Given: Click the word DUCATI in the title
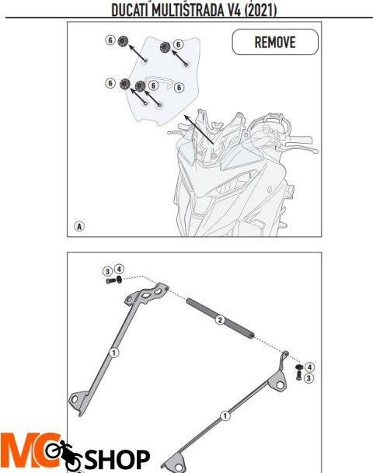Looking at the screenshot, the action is [x=130, y=11].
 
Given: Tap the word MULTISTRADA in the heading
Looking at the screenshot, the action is [x=187, y=11].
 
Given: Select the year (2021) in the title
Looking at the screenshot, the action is [x=260, y=11].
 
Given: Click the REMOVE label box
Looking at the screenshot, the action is [x=275, y=42].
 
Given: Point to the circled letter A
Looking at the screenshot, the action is [x=79, y=226].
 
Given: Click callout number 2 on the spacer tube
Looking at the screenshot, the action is [x=220, y=320].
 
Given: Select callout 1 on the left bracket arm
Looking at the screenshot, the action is [x=113, y=353].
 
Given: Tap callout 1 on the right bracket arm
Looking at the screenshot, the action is [x=225, y=416].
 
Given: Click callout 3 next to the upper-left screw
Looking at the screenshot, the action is [x=107, y=271].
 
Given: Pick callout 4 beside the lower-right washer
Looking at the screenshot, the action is [x=309, y=367].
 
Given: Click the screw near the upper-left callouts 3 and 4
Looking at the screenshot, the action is [x=111, y=281].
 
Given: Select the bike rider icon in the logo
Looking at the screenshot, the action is [x=64, y=455].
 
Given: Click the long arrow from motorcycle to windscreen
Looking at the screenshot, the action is [x=199, y=129].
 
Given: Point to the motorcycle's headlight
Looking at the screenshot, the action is [x=235, y=183].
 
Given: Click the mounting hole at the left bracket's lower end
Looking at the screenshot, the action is [x=75, y=400].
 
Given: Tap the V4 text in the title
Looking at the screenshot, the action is [x=234, y=11].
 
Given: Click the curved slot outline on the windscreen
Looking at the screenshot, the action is [x=159, y=81].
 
